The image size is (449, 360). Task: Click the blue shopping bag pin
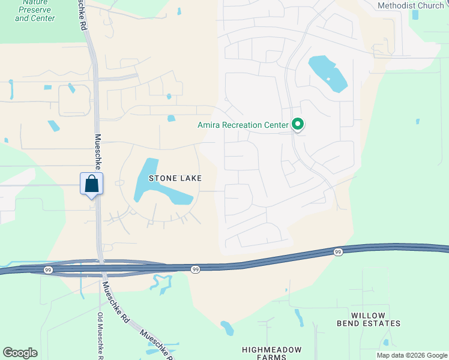(x=91, y=184)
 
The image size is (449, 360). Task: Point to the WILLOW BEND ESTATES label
(x=376, y=319)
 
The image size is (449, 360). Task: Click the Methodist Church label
(x=411, y=5)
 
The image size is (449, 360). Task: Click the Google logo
(x=20, y=353)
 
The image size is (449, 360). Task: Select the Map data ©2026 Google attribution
(x=412, y=355)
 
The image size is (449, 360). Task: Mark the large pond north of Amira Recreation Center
(x=327, y=73)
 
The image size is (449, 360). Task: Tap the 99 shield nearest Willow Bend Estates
(x=338, y=253)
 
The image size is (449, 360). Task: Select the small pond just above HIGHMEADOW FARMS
(x=227, y=328)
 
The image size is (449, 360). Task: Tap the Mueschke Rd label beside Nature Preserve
(x=82, y=16)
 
